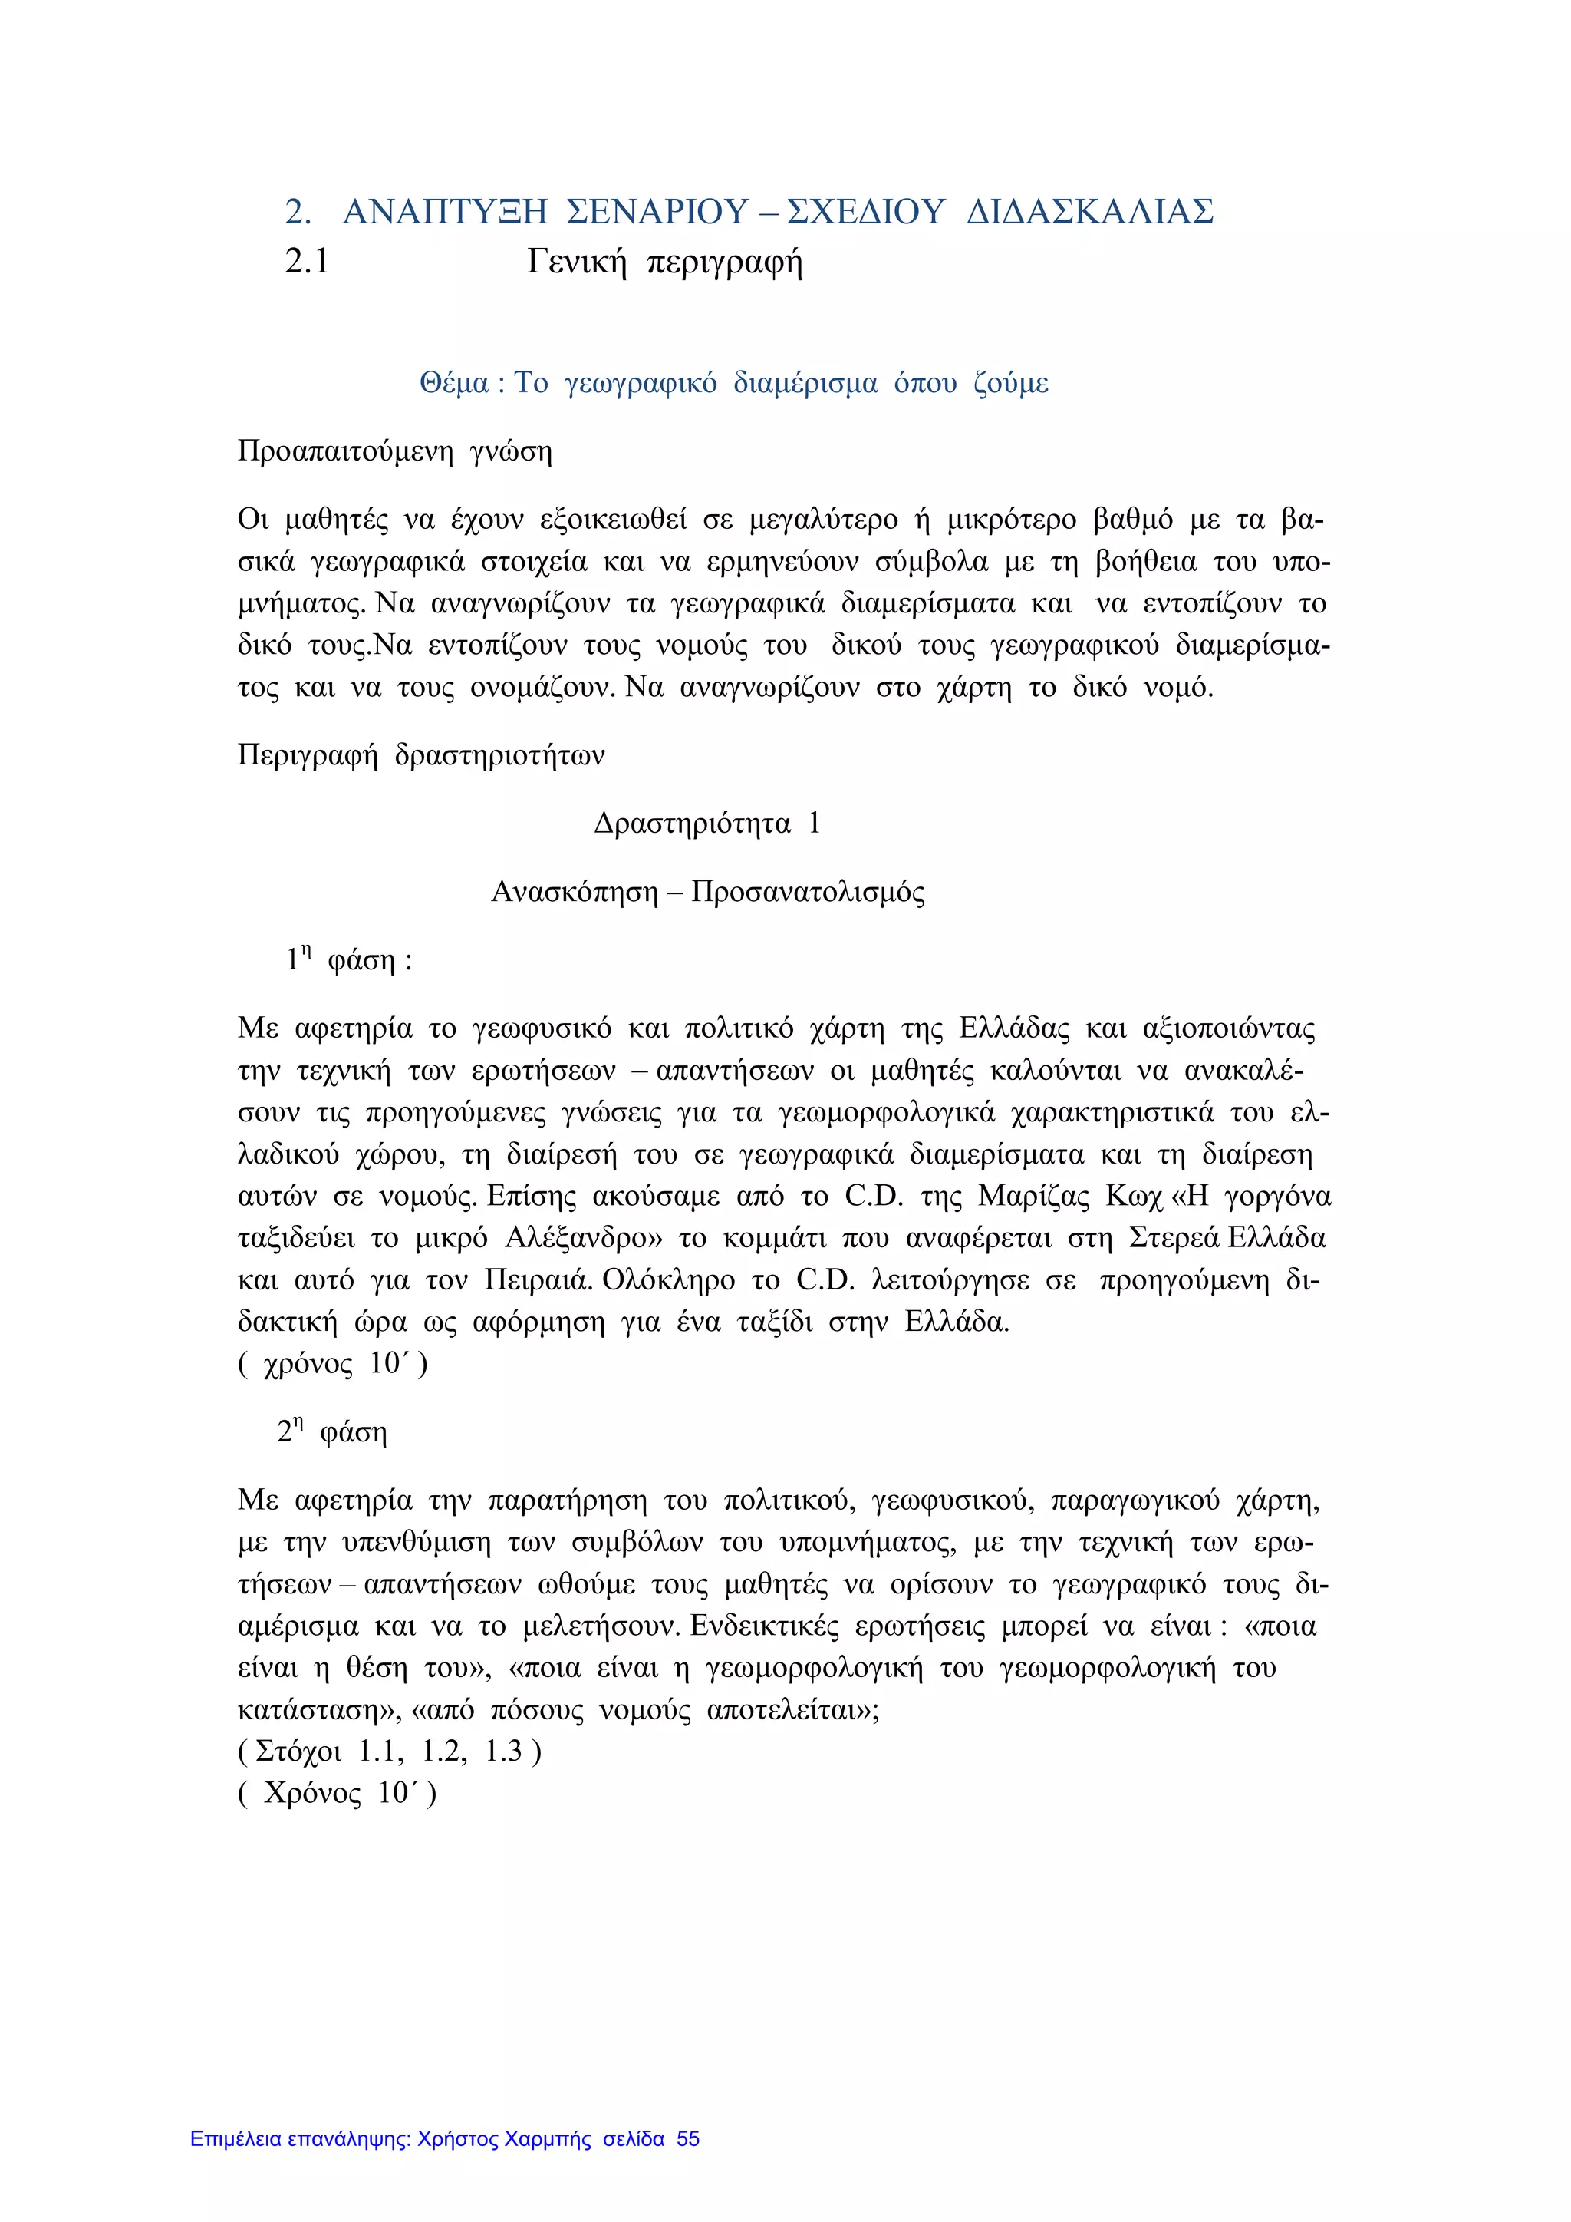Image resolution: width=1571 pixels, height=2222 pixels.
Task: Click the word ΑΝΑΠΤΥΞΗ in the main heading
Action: [445, 211]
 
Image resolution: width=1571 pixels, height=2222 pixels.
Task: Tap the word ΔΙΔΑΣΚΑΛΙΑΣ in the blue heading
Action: [1090, 211]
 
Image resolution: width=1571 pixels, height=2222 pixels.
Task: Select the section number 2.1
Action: [307, 262]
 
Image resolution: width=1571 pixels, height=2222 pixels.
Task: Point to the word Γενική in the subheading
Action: [577, 262]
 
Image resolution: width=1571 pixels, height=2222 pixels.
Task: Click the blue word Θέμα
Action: [453, 385]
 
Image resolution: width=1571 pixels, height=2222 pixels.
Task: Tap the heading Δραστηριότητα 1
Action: [707, 824]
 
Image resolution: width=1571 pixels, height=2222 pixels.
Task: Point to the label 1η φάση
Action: [348, 961]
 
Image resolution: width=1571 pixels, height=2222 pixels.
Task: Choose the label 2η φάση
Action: [332, 1431]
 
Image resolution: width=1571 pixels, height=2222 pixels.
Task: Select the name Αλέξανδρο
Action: [578, 1239]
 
